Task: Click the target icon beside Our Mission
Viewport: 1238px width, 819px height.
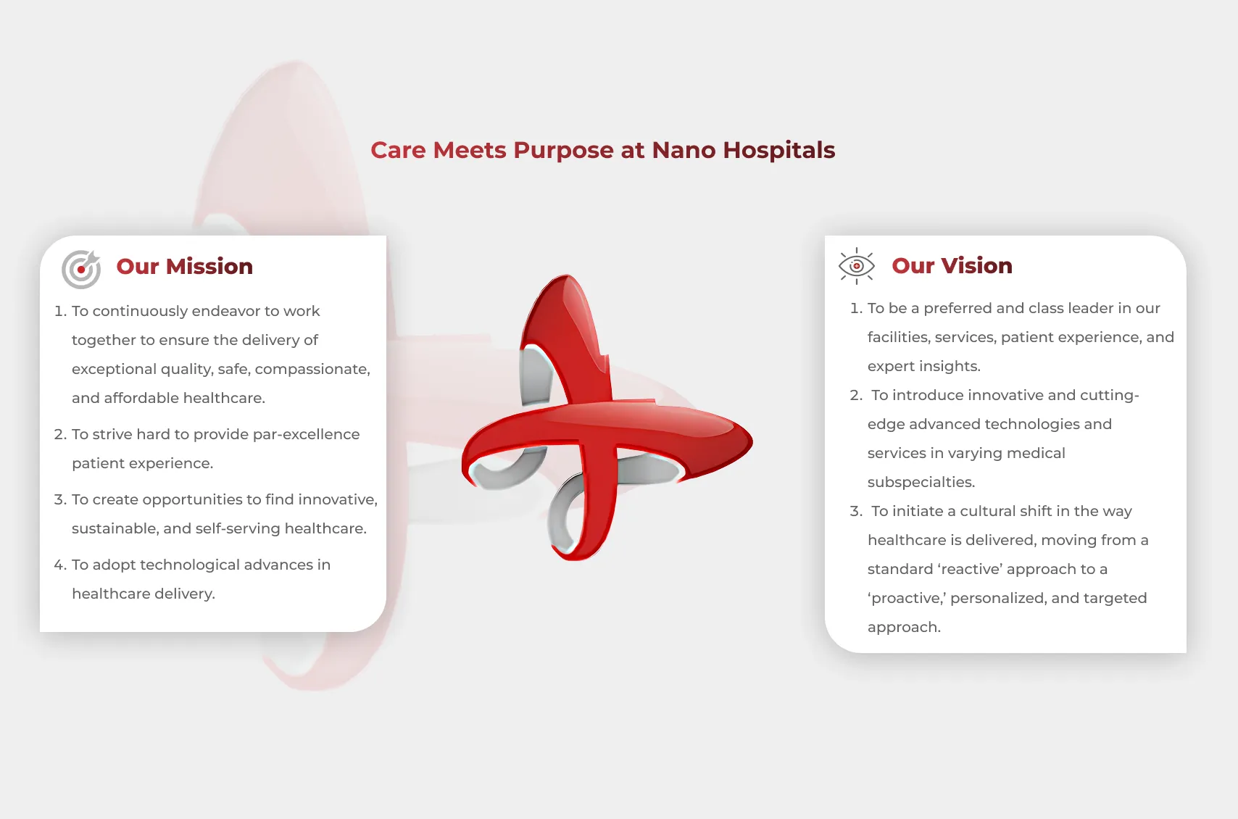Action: (x=80, y=269)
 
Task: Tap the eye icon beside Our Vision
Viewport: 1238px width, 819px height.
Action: (x=856, y=266)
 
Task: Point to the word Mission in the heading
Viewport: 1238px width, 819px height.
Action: (x=209, y=267)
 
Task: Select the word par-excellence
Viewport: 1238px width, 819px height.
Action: (x=306, y=434)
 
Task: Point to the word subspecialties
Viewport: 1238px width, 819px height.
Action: (x=921, y=482)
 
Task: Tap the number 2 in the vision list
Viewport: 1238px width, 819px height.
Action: (x=855, y=395)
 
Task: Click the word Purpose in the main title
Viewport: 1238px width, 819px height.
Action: (x=563, y=150)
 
